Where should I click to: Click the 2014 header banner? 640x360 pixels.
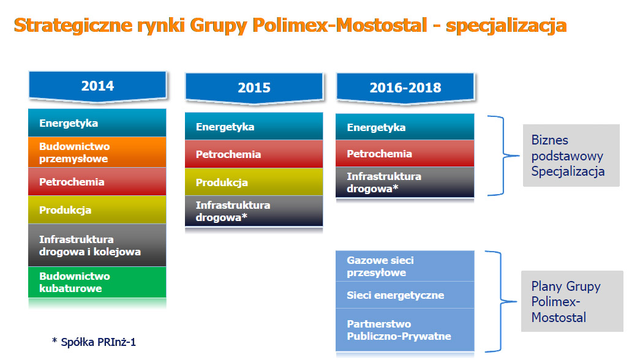(x=97, y=86)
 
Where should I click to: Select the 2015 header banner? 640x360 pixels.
(x=254, y=88)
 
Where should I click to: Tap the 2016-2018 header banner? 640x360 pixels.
(x=405, y=88)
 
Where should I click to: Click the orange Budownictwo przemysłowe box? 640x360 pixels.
(x=97, y=152)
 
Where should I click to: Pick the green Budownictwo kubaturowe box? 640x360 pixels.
(x=97, y=282)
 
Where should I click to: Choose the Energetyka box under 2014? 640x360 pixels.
(x=97, y=123)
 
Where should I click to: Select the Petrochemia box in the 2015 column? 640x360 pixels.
(x=254, y=154)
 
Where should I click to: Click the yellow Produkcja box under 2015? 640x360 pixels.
(x=254, y=182)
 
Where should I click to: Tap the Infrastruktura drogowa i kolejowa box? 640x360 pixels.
(x=97, y=246)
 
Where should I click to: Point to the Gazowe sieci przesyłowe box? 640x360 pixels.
(x=405, y=266)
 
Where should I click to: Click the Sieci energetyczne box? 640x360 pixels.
(x=405, y=295)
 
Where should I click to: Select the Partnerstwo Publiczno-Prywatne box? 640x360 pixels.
(x=405, y=330)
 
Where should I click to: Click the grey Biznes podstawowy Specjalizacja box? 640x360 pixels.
(x=571, y=156)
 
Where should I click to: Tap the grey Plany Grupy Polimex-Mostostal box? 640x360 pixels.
(x=572, y=301)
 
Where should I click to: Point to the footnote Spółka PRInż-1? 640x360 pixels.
(x=94, y=342)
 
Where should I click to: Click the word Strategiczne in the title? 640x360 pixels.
(x=73, y=25)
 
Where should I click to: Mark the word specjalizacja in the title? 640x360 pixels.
(x=506, y=25)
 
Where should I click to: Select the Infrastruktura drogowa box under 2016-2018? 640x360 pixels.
(x=405, y=182)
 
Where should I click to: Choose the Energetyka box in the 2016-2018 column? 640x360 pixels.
(x=405, y=127)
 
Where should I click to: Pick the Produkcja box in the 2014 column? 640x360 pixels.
(x=97, y=210)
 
